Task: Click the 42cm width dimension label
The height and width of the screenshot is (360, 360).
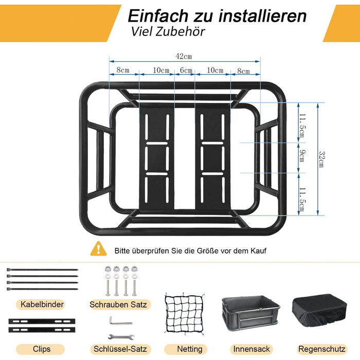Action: (184, 56)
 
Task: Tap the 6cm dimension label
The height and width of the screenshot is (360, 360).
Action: (186, 70)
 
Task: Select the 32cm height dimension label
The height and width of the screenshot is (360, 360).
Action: (322, 159)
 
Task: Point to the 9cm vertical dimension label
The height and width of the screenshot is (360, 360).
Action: (302, 156)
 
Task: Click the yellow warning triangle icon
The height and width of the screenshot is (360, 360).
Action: (99, 248)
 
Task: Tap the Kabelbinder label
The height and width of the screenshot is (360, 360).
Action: (42, 304)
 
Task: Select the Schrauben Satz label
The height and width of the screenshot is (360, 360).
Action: (118, 304)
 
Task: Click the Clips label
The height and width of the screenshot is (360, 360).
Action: (42, 349)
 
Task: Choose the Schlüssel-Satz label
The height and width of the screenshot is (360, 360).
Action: (120, 349)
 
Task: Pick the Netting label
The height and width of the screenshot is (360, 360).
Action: (190, 349)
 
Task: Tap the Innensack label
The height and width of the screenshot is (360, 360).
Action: (251, 349)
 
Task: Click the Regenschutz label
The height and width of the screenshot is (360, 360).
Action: (322, 349)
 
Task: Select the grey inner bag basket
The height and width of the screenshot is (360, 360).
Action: (251, 313)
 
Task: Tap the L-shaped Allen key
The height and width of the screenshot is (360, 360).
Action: (120, 321)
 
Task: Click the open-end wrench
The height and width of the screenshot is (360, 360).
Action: (121, 337)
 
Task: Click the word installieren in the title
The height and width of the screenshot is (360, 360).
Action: (262, 16)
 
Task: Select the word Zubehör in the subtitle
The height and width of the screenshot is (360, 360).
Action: (180, 32)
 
